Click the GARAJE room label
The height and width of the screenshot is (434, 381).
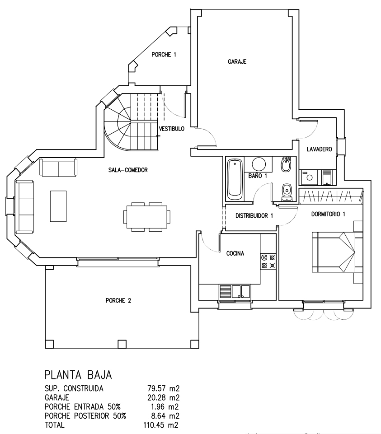pyautogui.click(x=237, y=61)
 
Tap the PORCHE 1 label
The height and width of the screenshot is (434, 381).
pyautogui.click(x=164, y=55)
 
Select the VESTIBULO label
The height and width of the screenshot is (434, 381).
pyautogui.click(x=172, y=129)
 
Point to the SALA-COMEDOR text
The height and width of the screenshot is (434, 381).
pyautogui.click(x=128, y=170)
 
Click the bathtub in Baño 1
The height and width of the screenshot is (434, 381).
pyautogui.click(x=235, y=179)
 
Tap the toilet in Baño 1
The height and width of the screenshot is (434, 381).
pyautogui.click(x=286, y=192)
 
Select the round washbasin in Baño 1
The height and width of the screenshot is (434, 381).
pyautogui.click(x=259, y=164)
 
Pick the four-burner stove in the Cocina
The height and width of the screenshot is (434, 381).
pyautogui.click(x=268, y=261)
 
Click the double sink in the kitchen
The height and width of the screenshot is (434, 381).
pyautogui.click(x=241, y=291)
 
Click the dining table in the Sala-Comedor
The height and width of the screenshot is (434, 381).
pyautogui.click(x=147, y=217)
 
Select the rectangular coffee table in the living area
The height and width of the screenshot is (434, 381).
pyautogui.click(x=58, y=206)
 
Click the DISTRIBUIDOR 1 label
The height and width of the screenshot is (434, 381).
pyautogui.click(x=254, y=215)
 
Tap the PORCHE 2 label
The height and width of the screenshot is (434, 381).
pyautogui.click(x=118, y=300)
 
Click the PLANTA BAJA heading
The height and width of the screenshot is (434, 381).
pyautogui.click(x=78, y=375)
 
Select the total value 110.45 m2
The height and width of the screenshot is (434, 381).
pyautogui.click(x=161, y=425)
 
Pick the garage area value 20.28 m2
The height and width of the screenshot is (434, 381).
pyautogui.click(x=163, y=397)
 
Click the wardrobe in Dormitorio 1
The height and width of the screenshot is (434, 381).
pyautogui.click(x=331, y=196)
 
